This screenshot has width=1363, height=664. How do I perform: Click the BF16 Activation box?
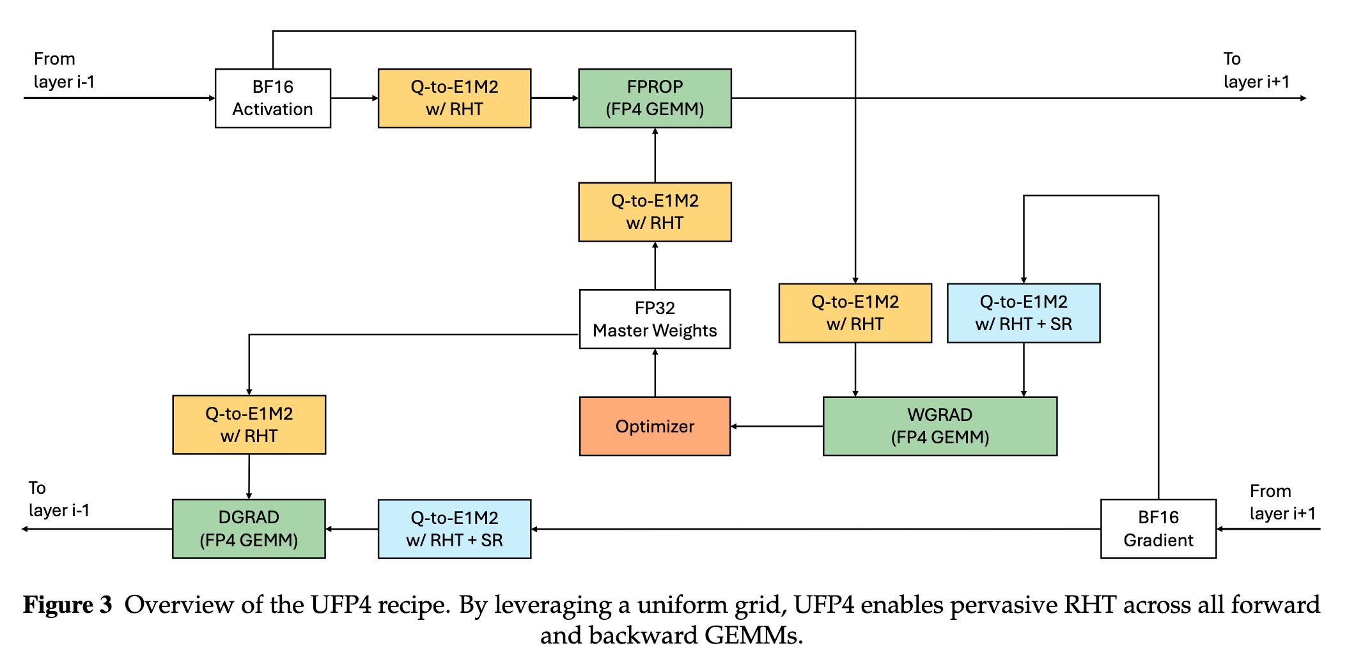pyautogui.click(x=273, y=99)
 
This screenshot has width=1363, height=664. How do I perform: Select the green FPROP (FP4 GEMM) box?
pyautogui.click(x=655, y=99)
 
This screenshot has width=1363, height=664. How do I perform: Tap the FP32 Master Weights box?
pyautogui.click(x=655, y=319)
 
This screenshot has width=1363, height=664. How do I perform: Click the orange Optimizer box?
pyautogui.click(x=655, y=426)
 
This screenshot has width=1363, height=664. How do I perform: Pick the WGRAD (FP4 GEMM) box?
pyautogui.click(x=940, y=426)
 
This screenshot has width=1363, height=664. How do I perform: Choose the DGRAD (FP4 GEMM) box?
pyautogui.click(x=249, y=529)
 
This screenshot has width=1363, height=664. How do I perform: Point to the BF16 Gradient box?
pyautogui.click(x=1158, y=529)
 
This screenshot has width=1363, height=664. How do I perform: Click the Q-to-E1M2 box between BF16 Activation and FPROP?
pyautogui.click(x=455, y=99)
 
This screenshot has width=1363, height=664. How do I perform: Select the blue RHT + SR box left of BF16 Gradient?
pyautogui.click(x=455, y=529)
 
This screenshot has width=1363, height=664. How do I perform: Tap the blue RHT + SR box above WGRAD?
pyautogui.click(x=1024, y=313)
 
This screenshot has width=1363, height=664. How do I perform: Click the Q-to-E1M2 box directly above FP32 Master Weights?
pyautogui.click(x=655, y=212)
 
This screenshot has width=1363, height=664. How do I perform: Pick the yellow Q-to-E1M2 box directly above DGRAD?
pyautogui.click(x=249, y=425)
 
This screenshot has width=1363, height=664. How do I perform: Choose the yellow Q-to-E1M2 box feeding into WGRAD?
pyautogui.click(x=855, y=313)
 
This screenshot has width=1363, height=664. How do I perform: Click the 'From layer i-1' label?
pyautogui.click(x=64, y=70)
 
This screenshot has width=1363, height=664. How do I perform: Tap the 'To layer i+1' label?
pyautogui.click(x=1256, y=70)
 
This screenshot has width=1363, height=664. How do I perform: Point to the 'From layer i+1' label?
pyautogui.click(x=1282, y=502)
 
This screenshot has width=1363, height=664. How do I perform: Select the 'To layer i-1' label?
pyautogui.click(x=59, y=499)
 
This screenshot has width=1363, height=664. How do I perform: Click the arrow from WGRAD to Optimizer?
pyautogui.click(x=777, y=426)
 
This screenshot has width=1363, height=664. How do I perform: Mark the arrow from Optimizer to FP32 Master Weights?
pyautogui.click(x=655, y=373)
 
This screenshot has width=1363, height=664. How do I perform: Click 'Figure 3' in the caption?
pyautogui.click(x=68, y=605)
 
